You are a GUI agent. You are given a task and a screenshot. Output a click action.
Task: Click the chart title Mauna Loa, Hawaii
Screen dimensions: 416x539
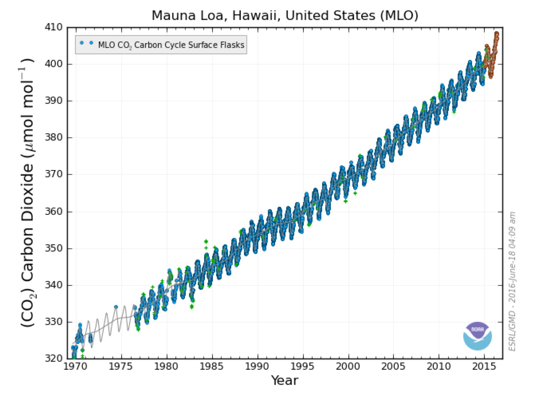point(285,16)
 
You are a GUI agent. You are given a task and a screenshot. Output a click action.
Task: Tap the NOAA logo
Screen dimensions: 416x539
point(477,336)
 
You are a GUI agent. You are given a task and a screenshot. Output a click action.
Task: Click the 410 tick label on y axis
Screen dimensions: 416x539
point(54,27)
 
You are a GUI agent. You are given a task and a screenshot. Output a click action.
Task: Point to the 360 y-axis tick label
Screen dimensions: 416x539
point(54,211)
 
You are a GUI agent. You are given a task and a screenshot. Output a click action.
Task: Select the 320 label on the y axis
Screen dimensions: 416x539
point(54,358)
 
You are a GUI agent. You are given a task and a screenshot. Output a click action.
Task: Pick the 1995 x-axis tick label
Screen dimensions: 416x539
point(303,366)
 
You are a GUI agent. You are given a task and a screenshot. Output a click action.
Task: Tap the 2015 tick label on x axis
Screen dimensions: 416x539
point(484,366)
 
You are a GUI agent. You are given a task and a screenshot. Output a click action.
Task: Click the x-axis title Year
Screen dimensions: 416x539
point(284,380)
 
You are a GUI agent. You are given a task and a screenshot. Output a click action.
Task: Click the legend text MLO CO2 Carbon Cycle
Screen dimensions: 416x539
point(171,45)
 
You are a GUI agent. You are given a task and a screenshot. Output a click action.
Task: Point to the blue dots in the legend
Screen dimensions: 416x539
point(87,43)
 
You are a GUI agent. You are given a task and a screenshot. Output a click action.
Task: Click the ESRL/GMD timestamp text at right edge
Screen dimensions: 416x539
point(512,281)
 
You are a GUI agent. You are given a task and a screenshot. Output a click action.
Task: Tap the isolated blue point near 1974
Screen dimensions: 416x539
point(116,307)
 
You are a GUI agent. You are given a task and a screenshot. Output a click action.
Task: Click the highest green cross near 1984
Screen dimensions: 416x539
point(206,241)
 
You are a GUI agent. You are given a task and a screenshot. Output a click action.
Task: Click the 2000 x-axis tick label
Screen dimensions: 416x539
point(348,366)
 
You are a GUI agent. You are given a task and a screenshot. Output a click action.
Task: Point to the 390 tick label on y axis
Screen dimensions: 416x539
point(54,101)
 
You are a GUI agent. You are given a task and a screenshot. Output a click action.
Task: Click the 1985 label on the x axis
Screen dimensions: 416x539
point(212,366)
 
